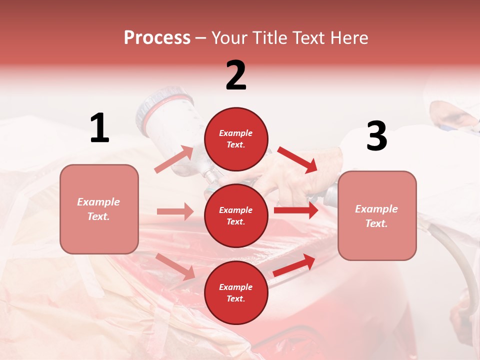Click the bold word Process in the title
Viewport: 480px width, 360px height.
pos(157,37)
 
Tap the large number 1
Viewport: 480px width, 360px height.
pos(99,128)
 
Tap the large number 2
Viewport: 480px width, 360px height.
pos(236,75)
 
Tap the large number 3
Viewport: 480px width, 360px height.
pos(376,136)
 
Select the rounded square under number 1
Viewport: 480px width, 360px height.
pos(99,209)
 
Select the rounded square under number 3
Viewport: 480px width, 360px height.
pos(377,216)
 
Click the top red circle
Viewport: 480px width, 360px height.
pos(236,139)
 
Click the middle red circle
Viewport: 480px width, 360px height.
pos(236,215)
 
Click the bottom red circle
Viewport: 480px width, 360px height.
pos(236,292)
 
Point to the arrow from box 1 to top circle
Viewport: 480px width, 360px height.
pos(174,159)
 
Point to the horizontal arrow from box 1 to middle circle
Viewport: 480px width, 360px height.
pos(175,211)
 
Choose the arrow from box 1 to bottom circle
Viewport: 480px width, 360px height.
pos(175,266)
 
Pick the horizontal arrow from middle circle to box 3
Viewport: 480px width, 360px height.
pos(295,210)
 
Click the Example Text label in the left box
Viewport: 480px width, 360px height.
pos(99,209)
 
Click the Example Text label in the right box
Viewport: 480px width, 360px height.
pos(376,216)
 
